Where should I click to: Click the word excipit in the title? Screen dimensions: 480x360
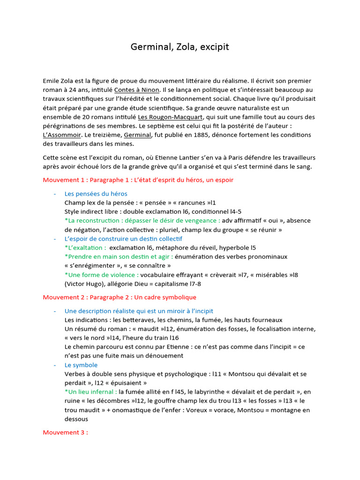pyautogui.click(x=215, y=47)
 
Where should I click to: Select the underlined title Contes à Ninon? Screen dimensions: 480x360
pyautogui.click(x=137, y=90)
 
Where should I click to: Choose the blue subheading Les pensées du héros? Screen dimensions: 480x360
pyautogui.click(x=96, y=194)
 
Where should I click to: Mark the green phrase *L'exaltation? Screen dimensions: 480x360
pyautogui.click(x=85, y=247)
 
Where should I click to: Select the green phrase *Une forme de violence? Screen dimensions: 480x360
pyautogui.click(x=101, y=275)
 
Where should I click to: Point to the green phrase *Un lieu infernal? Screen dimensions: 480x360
pyautogui.click(x=90, y=392)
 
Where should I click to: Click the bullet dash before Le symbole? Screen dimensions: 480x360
pyautogui.click(x=55, y=365)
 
